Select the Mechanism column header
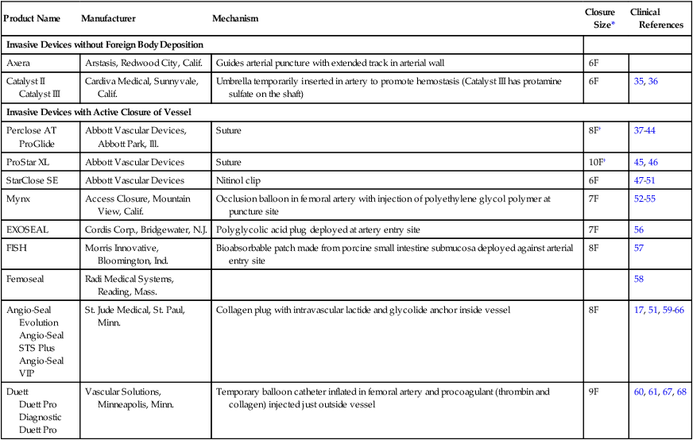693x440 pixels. (x=235, y=18)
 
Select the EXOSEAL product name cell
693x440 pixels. (x=29, y=230)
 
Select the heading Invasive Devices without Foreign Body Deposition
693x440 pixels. (x=104, y=44)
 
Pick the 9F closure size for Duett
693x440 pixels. (x=594, y=392)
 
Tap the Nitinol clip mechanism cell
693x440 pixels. (x=237, y=180)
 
